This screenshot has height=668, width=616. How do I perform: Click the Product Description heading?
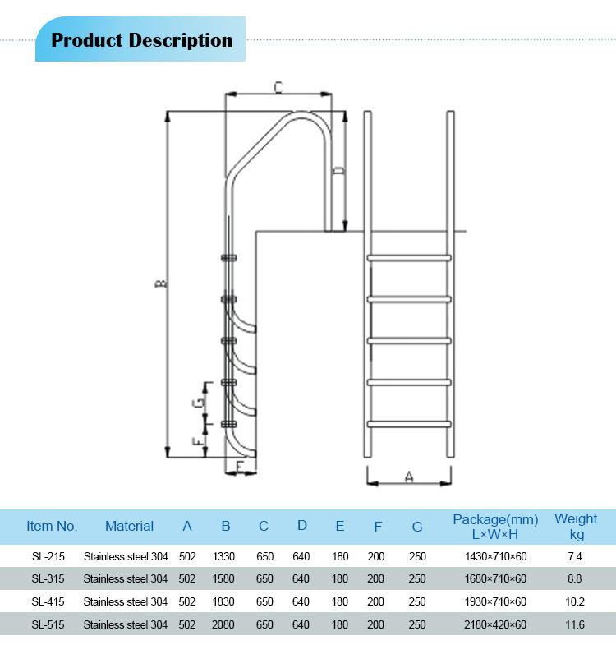click(x=141, y=40)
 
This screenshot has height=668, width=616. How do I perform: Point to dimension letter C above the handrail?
click(x=278, y=86)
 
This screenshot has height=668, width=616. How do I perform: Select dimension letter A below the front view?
click(x=409, y=476)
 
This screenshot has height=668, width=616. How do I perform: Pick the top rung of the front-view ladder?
click(x=409, y=258)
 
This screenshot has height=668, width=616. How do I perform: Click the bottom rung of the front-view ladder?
click(x=409, y=424)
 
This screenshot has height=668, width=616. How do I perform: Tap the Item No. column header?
click(x=52, y=527)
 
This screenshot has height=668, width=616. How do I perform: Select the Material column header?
click(x=129, y=527)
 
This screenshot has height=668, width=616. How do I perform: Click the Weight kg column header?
click(x=576, y=527)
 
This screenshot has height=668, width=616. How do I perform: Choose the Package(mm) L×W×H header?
click(x=495, y=527)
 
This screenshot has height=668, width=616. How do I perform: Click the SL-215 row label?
click(x=48, y=556)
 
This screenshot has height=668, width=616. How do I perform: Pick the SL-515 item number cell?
click(x=48, y=624)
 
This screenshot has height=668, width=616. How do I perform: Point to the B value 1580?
click(x=223, y=578)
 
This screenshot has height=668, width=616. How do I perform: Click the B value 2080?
click(x=223, y=624)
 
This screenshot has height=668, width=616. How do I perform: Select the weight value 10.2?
click(x=575, y=601)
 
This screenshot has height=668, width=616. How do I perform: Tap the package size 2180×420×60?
click(x=495, y=624)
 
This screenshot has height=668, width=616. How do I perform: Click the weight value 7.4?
click(x=575, y=556)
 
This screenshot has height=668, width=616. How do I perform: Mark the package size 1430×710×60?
click(x=495, y=556)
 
